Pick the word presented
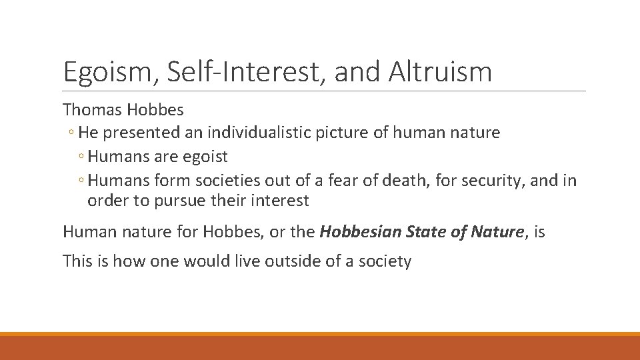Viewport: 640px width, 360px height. click(141, 133)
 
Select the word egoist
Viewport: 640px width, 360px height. click(205, 157)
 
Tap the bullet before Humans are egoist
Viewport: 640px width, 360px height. click(81, 157)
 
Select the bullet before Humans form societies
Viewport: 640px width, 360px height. click(81, 181)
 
